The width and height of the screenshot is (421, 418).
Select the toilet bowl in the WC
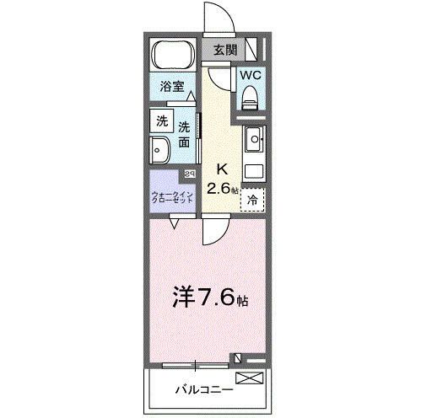251,99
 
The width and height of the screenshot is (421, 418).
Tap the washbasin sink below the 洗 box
161,153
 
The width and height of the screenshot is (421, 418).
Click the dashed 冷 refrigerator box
252,201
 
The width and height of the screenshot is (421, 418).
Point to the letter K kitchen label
224,166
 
